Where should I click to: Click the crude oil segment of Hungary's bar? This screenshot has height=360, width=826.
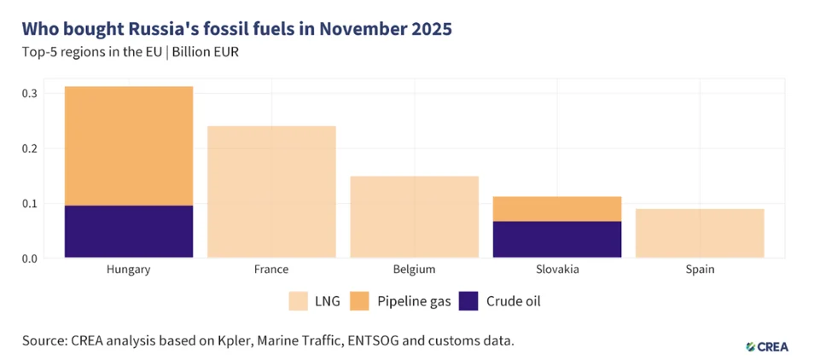point(129,231)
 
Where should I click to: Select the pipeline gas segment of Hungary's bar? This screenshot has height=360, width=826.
point(129,146)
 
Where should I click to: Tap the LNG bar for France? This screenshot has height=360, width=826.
point(271,192)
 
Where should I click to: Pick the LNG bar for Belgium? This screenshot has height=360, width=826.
point(414,217)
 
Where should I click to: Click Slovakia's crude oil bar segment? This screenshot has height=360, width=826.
point(557,239)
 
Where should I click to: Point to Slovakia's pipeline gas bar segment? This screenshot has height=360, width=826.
point(557,209)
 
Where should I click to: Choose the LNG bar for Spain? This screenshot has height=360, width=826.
point(700,233)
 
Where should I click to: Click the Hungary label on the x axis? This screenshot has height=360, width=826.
point(129,270)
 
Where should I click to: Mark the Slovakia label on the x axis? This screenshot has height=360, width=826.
point(557,270)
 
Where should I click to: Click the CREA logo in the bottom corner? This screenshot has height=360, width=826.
point(766,346)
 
